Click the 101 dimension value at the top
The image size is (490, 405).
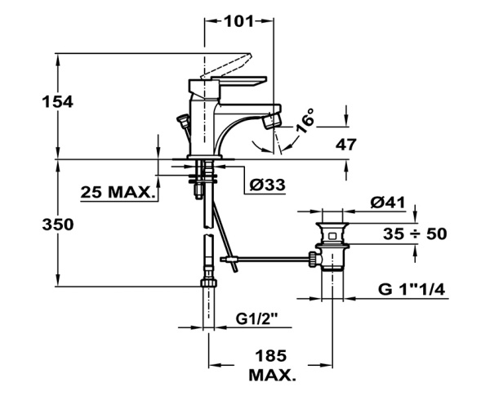tap(238, 21)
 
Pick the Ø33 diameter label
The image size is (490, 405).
tap(267, 185)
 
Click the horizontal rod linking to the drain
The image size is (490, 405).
tap(269, 260)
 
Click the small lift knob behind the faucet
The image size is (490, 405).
tap(184, 122)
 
